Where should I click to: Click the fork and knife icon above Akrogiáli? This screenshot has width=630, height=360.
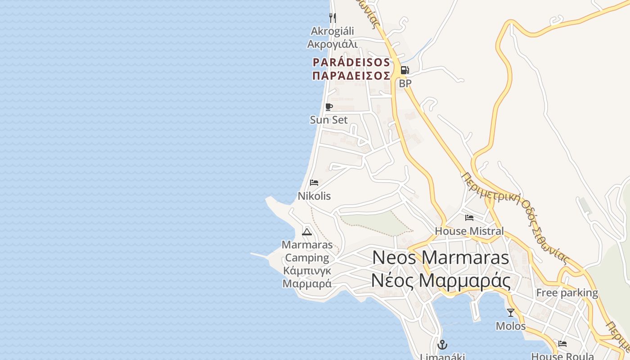tap(333, 18)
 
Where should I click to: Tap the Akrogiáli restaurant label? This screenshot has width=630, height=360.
tap(333, 31)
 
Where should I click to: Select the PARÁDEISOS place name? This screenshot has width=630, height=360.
tap(351, 62)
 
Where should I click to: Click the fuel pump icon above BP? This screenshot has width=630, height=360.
tap(405, 70)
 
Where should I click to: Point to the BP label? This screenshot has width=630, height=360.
tap(405, 83)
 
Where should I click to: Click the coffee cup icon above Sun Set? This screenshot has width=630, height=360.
tap(329, 107)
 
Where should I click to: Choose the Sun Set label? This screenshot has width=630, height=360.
tap(329, 120)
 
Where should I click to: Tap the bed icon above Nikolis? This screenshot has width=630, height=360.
tap(314, 183)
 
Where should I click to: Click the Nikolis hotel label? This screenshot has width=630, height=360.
tap(314, 196)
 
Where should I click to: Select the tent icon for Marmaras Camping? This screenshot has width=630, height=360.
tap(307, 232)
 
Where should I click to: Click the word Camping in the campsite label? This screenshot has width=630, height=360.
tap(307, 258)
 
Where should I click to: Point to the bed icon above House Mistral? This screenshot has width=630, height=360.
tap(469, 218)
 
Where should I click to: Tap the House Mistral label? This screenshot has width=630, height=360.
tap(469, 231)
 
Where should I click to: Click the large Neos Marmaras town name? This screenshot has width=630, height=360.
tap(441, 258)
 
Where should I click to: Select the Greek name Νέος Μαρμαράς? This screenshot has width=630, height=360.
tap(441, 281)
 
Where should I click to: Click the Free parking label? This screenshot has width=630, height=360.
tap(567, 293)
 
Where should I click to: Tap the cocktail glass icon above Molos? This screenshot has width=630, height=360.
tap(511, 312)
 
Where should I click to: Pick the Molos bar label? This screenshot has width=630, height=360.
tap(511, 326)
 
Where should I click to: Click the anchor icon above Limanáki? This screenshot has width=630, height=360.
tap(442, 345)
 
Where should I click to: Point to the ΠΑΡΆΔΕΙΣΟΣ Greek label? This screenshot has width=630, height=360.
tap(351, 76)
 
